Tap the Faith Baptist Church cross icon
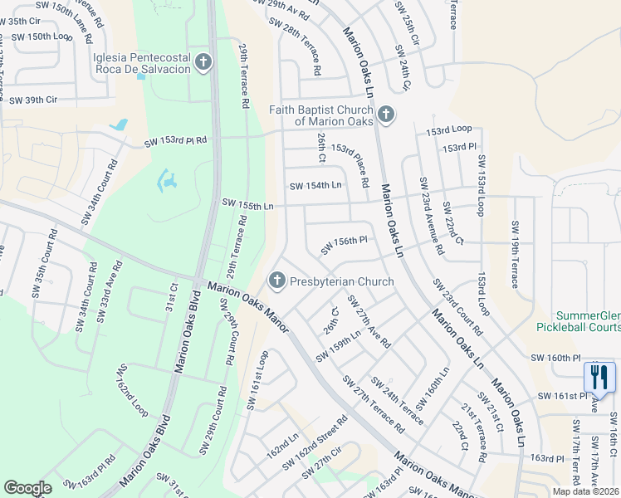384,115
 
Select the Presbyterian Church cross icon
277,281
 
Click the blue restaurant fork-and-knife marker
597,378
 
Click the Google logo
27,488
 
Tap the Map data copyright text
586,491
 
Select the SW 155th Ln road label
247,203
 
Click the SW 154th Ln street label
315,185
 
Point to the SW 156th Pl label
344,246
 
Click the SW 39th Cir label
32,100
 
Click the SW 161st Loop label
257,378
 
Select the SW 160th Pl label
555,358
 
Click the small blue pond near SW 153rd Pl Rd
120,125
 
